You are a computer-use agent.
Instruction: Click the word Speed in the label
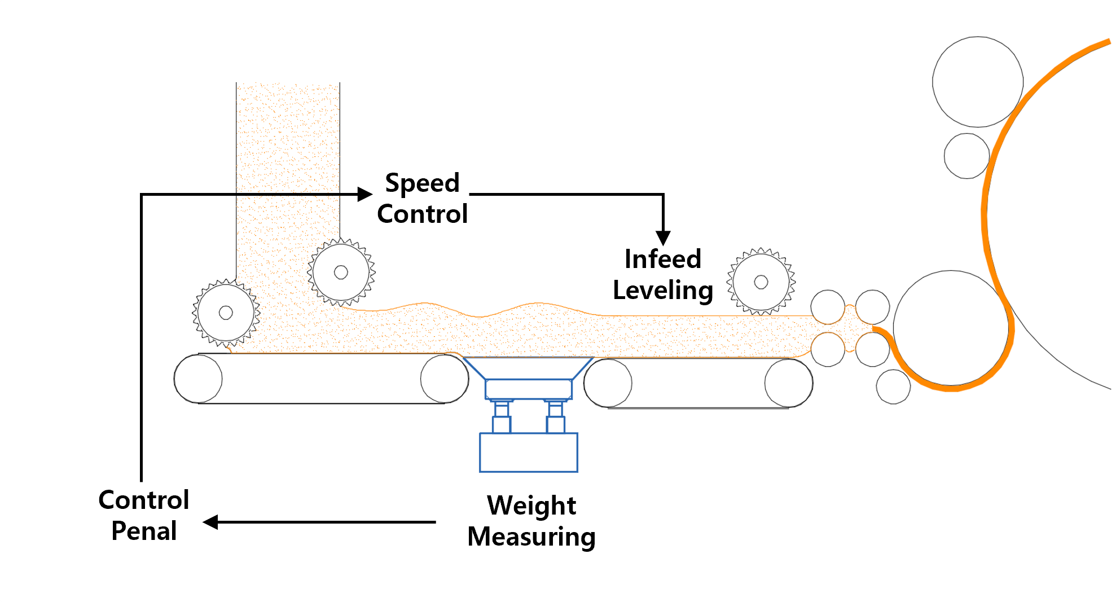tap(422, 183)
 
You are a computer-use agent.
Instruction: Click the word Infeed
tap(662, 260)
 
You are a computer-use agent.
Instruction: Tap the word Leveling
tap(662, 291)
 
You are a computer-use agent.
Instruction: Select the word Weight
tap(531, 506)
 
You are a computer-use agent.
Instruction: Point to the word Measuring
tap(531, 537)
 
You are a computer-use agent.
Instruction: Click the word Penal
tap(144, 531)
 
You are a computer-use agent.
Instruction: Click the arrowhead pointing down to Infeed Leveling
tap(663, 238)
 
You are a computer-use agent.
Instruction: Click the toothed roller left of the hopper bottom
tap(226, 313)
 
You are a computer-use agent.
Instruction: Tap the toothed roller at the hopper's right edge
tap(341, 273)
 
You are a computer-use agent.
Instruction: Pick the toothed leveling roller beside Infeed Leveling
tap(761, 282)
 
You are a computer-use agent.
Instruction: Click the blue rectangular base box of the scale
tap(528, 452)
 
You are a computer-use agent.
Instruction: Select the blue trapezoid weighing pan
tap(528, 367)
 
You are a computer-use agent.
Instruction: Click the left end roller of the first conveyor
tap(198, 379)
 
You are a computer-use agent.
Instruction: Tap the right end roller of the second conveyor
tap(788, 383)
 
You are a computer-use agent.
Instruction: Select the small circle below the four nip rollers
tap(893, 387)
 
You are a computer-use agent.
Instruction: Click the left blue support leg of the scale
tap(501, 416)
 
